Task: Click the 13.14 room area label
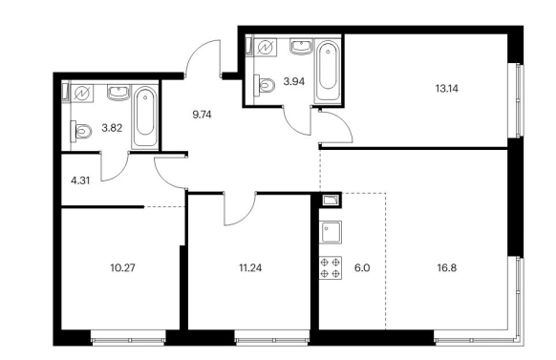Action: click(447, 88)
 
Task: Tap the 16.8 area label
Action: click(447, 268)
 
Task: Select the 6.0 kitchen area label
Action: click(362, 268)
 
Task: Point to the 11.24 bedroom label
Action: click(250, 268)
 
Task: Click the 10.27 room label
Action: click(122, 267)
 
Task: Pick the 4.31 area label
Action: click(80, 180)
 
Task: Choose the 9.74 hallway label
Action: click(202, 115)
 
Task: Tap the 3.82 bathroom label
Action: click(112, 128)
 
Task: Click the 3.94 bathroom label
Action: click(294, 82)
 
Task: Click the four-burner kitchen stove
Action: click(331, 267)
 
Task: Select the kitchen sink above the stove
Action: click(331, 232)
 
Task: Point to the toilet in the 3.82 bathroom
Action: click(81, 131)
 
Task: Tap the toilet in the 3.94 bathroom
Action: click(265, 84)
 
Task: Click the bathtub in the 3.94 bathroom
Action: click(328, 71)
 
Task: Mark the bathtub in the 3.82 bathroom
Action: click(144, 116)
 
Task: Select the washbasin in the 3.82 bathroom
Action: click(118, 93)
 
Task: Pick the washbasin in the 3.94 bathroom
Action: click(301, 47)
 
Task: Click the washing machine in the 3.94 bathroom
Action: click(265, 47)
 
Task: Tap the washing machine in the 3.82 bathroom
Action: click(82, 94)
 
